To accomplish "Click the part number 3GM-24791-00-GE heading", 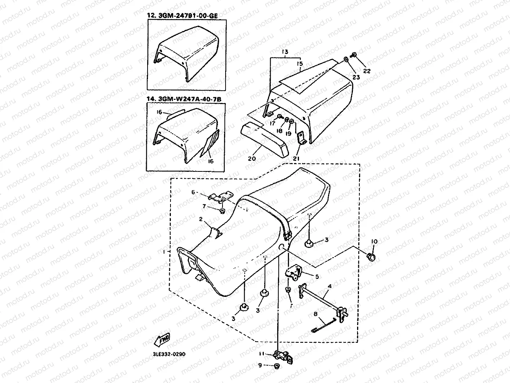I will (x=185, y=16).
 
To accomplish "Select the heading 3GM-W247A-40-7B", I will (x=185, y=99).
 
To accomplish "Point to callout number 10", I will (x=374, y=241).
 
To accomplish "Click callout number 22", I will (x=367, y=71).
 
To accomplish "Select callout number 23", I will (x=356, y=77).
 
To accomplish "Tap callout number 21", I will (x=297, y=158).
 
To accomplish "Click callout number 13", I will (x=284, y=52).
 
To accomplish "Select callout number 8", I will (x=315, y=314).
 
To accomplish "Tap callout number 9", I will (x=260, y=365).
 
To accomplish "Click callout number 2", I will (x=200, y=219).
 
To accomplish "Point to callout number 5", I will (x=317, y=275).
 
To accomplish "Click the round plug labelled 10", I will (x=370, y=256).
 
